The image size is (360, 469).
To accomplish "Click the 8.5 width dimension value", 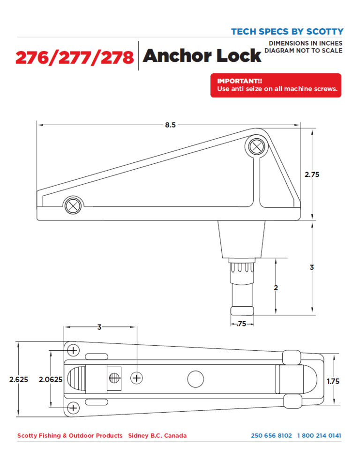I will pos(170,126).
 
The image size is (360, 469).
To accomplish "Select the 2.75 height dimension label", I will pos(312,174).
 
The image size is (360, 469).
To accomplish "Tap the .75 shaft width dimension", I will pos(242,324).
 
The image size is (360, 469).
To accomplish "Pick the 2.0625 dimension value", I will pos(51,379).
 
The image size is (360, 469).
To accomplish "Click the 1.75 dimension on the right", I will pos(333,381).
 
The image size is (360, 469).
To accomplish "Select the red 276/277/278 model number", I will pos(75,58).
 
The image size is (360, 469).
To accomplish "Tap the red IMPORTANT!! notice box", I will pos(276,85).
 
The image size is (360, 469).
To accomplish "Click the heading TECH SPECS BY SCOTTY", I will pos(287,32).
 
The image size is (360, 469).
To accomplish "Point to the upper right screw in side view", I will pos(256,146).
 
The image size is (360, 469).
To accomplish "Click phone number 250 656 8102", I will pos(271,436).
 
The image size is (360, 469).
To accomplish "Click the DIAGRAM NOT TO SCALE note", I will pos(304,51).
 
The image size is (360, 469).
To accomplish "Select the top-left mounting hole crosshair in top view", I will pos(73,350).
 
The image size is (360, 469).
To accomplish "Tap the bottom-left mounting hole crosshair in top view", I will pos(73,408).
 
